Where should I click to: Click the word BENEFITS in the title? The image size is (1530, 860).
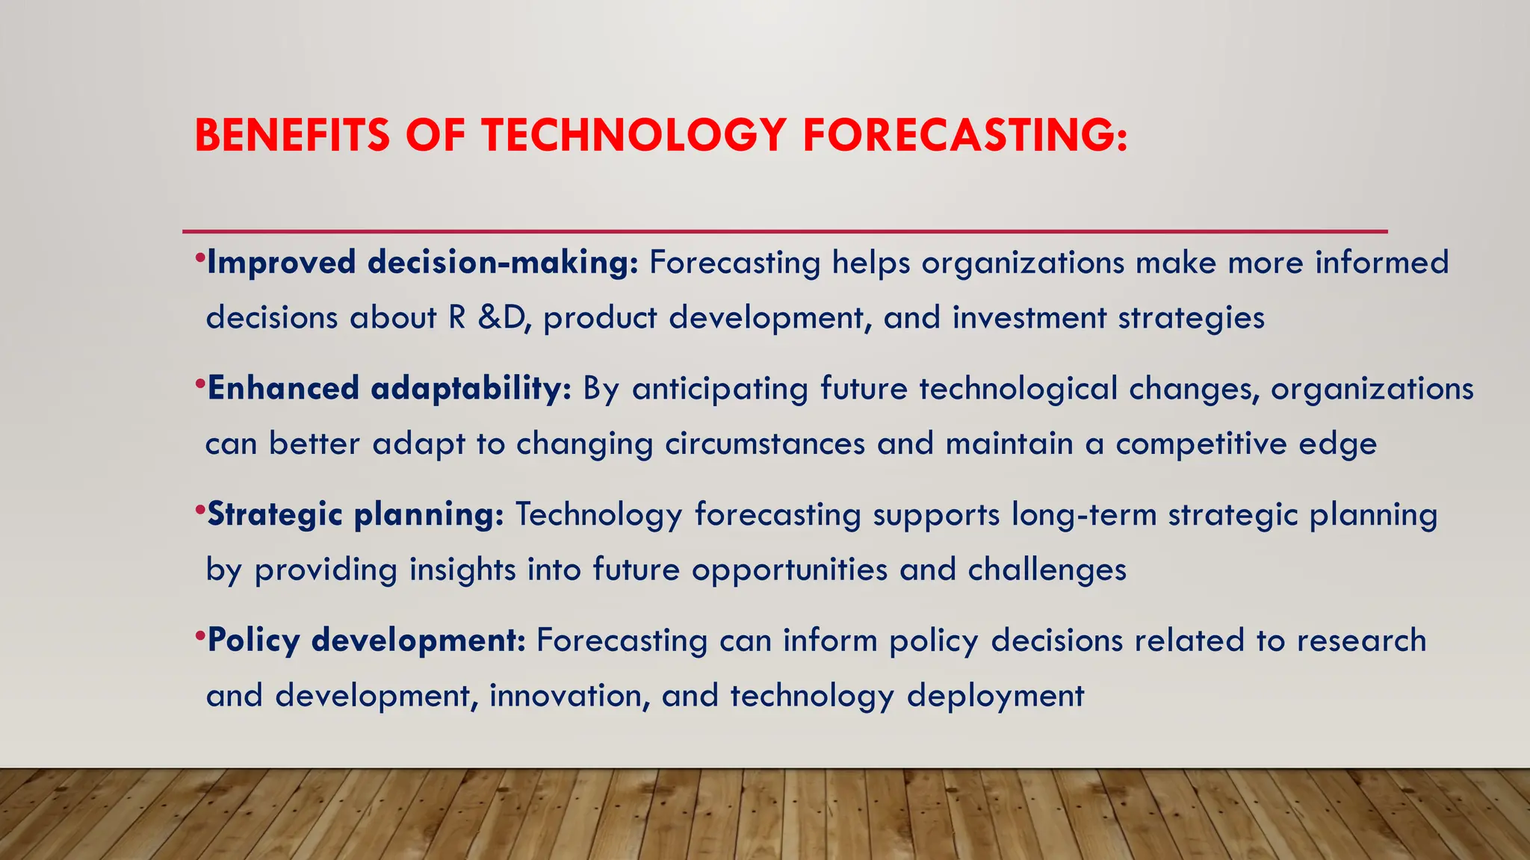coord(292,136)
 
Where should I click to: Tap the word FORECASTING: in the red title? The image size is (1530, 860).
coord(964,136)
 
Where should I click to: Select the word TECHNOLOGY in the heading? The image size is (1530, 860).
coord(634,136)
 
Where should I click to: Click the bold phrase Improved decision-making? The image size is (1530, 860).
coord(423,263)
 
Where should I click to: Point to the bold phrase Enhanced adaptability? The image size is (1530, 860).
coord(389,389)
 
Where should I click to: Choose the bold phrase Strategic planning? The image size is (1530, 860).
coord(356,515)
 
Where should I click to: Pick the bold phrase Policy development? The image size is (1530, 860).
coord(367,641)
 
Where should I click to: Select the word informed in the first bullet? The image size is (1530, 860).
coord(1382,263)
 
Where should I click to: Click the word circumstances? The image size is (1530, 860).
coord(765,444)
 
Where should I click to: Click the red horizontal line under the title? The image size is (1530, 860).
coord(784,231)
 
